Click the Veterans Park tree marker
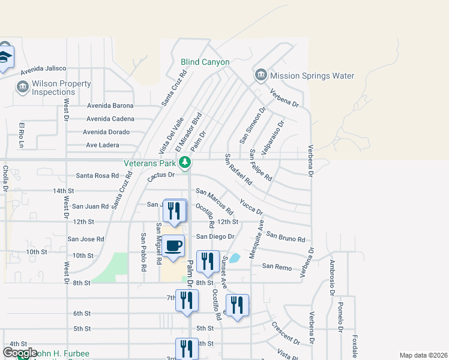coord(185,162)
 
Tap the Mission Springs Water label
coord(312,76)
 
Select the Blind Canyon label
coord(205,62)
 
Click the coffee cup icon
coord(173,247)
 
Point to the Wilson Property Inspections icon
coord(22,88)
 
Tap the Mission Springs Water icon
coord(261,76)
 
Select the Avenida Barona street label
coord(110,106)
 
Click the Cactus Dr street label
coord(160,175)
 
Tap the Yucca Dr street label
coord(251,206)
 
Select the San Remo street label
coord(276,266)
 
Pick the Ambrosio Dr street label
coord(331,278)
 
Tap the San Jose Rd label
coord(86,239)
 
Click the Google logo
coord(20,353)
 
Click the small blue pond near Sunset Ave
coord(235,258)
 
